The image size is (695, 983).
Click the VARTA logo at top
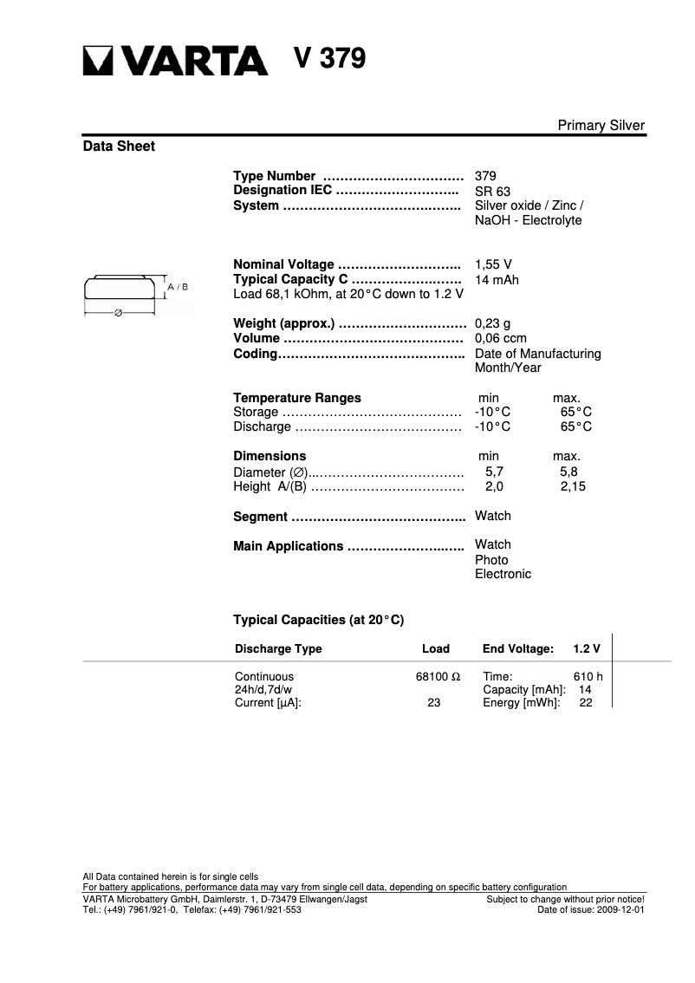[x=175, y=60]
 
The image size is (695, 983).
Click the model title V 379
[x=329, y=58]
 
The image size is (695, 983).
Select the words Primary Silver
[x=601, y=126]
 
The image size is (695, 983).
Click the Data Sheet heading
[x=119, y=146]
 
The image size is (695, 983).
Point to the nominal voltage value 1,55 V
[x=492, y=264]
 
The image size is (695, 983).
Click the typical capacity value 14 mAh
[x=497, y=280]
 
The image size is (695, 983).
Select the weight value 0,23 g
[x=492, y=324]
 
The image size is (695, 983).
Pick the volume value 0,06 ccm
[x=500, y=339]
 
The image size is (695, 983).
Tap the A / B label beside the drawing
[x=178, y=286]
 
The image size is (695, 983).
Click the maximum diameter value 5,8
[x=568, y=472]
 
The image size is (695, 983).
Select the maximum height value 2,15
[x=573, y=487]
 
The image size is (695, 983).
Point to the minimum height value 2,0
[x=494, y=487]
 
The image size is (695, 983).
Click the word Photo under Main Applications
[x=491, y=560]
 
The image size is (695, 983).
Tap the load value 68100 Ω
[x=438, y=677]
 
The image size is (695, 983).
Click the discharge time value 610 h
[x=588, y=677]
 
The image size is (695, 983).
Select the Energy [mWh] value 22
[x=586, y=703]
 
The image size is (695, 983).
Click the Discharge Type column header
[x=278, y=649]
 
